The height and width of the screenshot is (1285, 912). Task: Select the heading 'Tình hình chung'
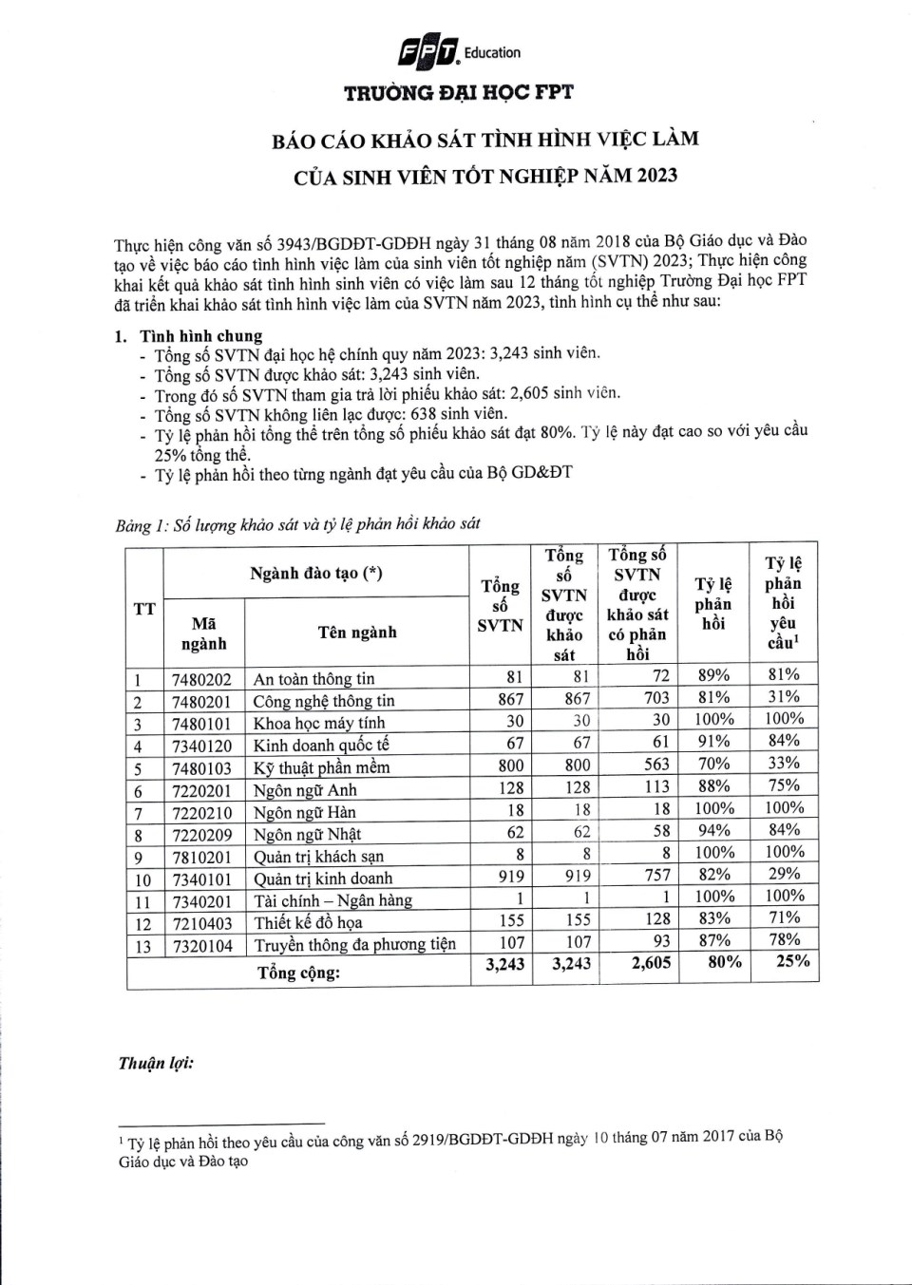click(x=200, y=335)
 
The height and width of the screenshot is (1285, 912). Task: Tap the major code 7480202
click(x=201, y=679)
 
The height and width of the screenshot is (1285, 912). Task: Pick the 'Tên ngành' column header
click(x=357, y=633)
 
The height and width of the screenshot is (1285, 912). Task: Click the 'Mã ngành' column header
click(x=203, y=633)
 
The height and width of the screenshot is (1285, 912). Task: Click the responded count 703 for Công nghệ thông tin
click(x=656, y=698)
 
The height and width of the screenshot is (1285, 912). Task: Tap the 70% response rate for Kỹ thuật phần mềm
click(x=713, y=764)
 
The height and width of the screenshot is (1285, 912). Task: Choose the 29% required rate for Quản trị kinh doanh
click(x=785, y=873)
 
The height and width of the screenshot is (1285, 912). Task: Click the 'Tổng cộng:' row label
click(x=298, y=973)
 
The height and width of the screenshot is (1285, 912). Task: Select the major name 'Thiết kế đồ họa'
click(x=308, y=922)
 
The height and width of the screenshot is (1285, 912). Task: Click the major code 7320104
click(x=201, y=945)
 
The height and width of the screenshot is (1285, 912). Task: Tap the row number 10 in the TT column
click(x=142, y=879)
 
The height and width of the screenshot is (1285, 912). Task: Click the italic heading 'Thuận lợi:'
click(x=156, y=1063)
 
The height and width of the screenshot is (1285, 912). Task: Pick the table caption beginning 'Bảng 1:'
click(x=297, y=523)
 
